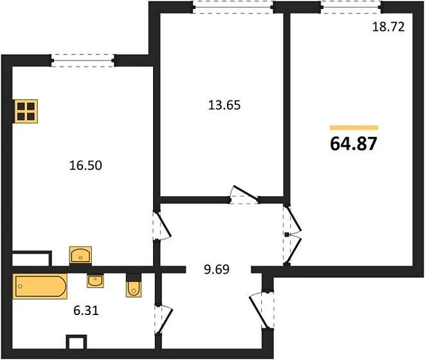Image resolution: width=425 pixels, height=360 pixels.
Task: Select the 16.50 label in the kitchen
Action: pos(86,165)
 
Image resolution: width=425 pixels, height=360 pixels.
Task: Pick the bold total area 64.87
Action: pos(354,143)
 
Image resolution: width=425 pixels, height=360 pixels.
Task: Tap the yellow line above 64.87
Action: pos(354,128)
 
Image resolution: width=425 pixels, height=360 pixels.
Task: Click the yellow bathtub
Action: pos(40,286)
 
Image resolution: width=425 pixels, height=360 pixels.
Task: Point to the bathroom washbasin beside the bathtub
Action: pos(95,280)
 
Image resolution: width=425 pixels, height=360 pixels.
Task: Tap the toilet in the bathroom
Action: pos(134,285)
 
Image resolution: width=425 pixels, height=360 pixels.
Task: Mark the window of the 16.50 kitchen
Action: pos(83,60)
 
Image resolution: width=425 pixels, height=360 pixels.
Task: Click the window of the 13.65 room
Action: pos(233,7)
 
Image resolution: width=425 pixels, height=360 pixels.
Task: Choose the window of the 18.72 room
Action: pos(350,7)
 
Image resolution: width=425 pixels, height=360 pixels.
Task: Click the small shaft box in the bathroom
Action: pos(76,342)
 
